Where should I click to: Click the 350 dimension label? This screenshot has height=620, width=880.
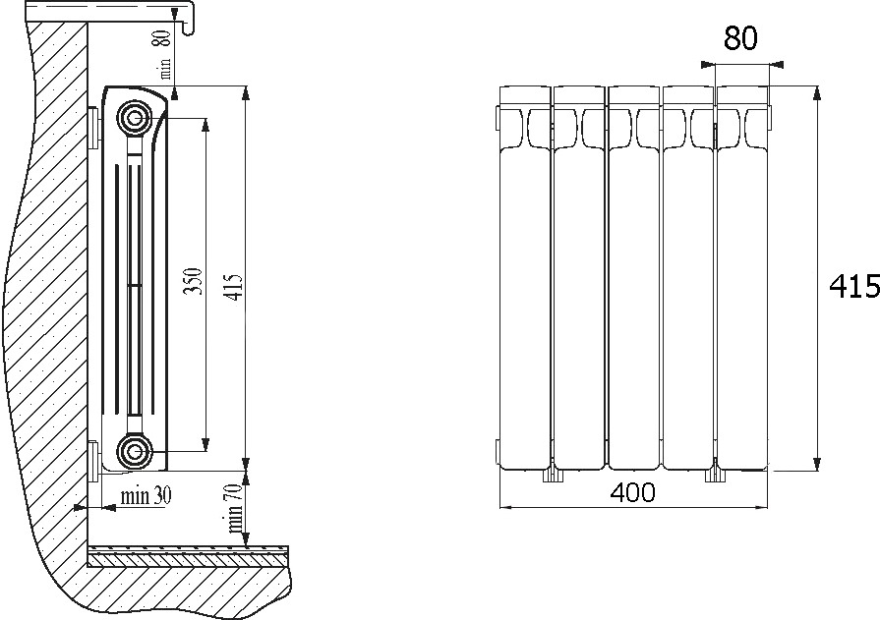pyautogui.click(x=192, y=282)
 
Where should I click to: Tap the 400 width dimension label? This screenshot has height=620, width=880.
pyautogui.click(x=632, y=492)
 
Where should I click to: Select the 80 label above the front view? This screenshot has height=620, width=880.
pyautogui.click(x=740, y=38)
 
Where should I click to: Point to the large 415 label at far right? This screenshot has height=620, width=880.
pyautogui.click(x=854, y=286)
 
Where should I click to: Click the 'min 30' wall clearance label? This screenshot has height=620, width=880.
pyautogui.click(x=146, y=496)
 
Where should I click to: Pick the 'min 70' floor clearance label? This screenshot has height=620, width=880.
pyautogui.click(x=236, y=509)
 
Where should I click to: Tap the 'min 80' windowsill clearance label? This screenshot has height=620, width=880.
pyautogui.click(x=163, y=54)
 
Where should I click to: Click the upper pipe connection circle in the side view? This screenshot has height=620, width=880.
pyautogui.click(x=135, y=118)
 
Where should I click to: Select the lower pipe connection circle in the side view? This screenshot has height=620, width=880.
pyautogui.click(x=135, y=450)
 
